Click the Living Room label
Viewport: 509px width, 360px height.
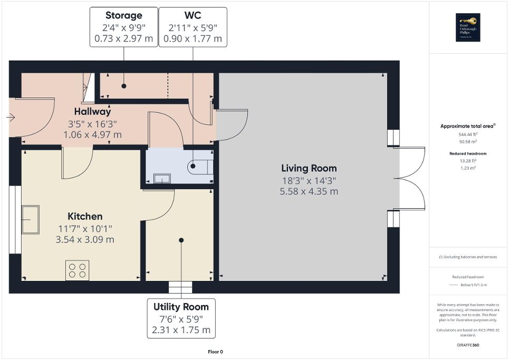tap(309, 169)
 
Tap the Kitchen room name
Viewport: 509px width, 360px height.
tap(85, 217)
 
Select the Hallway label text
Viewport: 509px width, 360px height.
tap(92, 112)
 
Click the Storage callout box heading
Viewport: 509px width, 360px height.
tap(124, 15)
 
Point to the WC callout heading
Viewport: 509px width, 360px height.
tap(193, 15)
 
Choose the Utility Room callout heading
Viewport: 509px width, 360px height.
tap(181, 307)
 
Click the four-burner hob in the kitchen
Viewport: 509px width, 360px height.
tap(77, 270)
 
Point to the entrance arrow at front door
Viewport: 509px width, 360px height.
tap(11, 118)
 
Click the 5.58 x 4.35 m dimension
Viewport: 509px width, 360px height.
tap(309, 191)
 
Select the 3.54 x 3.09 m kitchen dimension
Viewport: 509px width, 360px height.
tap(85, 240)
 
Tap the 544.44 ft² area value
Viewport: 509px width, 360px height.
tap(468, 134)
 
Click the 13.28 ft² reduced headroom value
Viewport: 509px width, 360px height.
tap(468, 161)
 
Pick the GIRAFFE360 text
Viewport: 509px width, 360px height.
tap(468, 345)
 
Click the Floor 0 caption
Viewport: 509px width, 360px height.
tap(215, 352)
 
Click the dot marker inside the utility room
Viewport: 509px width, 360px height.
tap(181, 240)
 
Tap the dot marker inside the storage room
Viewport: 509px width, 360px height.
tap(124, 85)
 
